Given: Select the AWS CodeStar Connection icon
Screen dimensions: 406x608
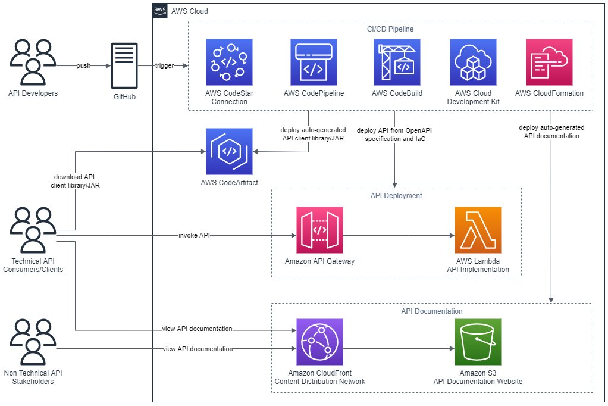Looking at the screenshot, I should (x=228, y=63).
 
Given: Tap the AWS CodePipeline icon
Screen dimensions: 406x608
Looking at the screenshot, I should (x=314, y=63).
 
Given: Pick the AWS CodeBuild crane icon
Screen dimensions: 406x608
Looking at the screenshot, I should (x=397, y=63).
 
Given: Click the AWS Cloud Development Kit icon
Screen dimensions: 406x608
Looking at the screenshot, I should (x=474, y=63).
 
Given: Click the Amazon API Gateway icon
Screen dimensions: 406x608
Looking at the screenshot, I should (x=319, y=230).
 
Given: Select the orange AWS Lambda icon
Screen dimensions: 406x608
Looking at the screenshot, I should (x=478, y=230).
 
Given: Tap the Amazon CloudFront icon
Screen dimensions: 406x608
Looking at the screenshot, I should (x=319, y=342).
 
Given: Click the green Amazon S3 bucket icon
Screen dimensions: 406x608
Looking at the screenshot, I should (x=478, y=342).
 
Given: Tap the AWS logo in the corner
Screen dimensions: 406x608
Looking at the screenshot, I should (x=160, y=11).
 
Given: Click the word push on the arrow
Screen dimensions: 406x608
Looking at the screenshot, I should (x=83, y=65).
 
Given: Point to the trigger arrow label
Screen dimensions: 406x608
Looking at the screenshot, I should (x=164, y=65).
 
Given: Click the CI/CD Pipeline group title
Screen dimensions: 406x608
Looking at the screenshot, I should (x=390, y=29).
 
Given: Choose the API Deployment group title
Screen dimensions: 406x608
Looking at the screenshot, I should (x=396, y=195).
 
